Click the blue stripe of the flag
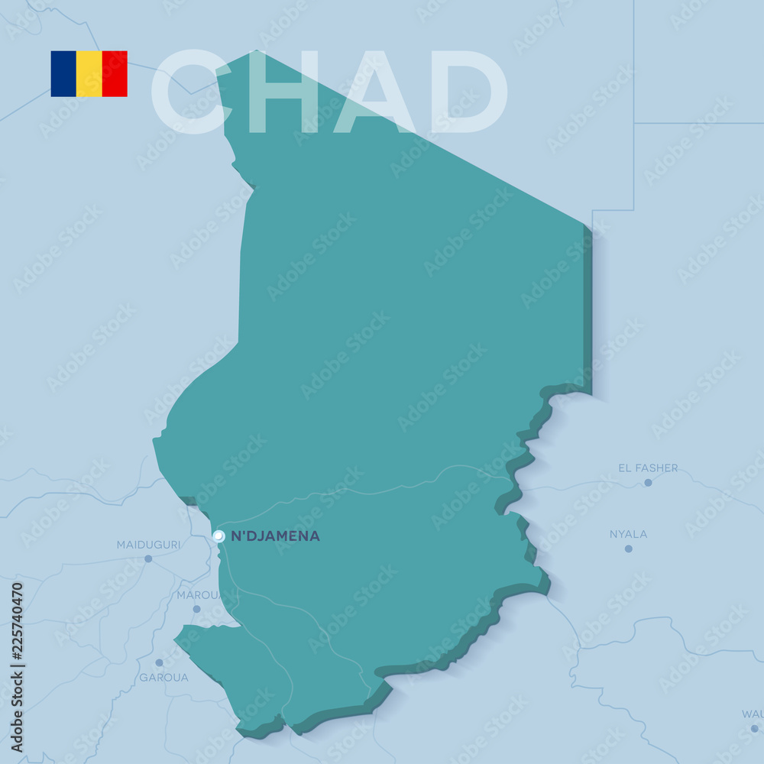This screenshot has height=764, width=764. point(63,74)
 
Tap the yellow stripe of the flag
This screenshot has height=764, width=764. point(89,74)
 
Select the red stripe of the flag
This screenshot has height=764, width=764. point(115,74)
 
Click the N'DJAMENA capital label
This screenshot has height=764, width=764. point(275,536)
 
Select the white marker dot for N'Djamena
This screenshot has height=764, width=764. point(219,536)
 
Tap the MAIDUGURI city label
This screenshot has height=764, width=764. point(148,545)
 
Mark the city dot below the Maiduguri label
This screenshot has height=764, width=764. point(148,558)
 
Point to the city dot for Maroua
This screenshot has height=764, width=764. point(196,609)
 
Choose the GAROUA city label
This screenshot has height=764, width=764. point(163,677)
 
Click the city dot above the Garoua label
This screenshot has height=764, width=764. point(159,662)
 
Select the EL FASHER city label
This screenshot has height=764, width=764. point(648,468)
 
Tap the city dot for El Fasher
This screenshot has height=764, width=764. point(648,482)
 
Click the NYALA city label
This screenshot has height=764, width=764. point(628,534)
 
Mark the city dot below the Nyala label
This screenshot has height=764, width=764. point(628,549)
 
